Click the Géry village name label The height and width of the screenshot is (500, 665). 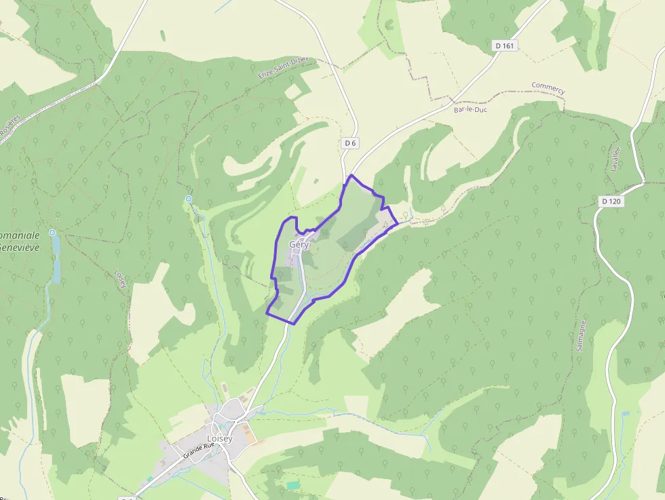(x=299, y=244)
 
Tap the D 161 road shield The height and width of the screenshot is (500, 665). (x=505, y=45)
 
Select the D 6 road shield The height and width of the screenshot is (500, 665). (x=349, y=143)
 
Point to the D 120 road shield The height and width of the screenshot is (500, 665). (x=611, y=201)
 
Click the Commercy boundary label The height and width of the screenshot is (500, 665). (x=548, y=88)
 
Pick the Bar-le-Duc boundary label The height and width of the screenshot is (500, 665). (x=472, y=109)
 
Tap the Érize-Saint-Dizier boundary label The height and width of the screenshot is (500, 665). (x=284, y=69)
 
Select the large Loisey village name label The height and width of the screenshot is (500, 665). (x=219, y=438)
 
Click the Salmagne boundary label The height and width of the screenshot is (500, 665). (x=580, y=335)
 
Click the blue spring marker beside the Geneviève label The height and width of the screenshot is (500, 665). (x=52, y=232)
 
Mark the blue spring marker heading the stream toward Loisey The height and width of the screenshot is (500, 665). (x=188, y=199)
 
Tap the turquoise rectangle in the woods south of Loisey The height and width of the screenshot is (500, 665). (x=292, y=485)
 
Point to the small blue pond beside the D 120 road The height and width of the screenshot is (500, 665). (x=625, y=412)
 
